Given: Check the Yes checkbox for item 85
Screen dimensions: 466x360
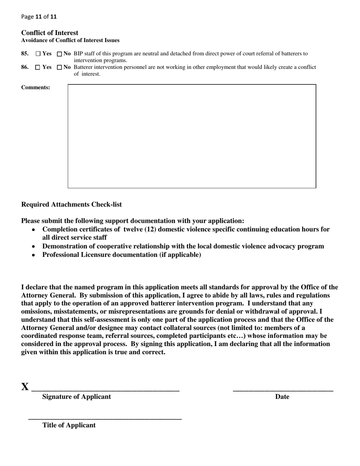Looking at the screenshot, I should click(x=38, y=54).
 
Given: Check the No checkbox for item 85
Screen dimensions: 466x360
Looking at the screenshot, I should click(x=59, y=54).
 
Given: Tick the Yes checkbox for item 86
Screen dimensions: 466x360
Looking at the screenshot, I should click(x=38, y=67).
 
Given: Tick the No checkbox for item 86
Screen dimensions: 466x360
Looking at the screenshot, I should click(x=59, y=67).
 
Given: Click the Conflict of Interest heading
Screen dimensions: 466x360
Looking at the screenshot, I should click(x=50, y=33).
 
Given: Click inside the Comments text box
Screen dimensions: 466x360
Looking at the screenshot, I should click(x=192, y=136).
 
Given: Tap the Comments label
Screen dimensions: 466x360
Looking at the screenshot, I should click(x=36, y=88).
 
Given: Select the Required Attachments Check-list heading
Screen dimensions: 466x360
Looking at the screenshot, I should click(x=72, y=205).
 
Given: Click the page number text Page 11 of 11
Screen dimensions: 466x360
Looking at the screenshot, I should click(x=39, y=17).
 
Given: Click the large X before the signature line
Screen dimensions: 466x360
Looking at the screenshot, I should click(x=25, y=387).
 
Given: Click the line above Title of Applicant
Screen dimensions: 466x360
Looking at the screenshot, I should click(x=105, y=419).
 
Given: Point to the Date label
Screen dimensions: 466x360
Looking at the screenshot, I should click(x=282, y=397).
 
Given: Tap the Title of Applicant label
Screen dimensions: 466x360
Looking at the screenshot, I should click(x=69, y=425).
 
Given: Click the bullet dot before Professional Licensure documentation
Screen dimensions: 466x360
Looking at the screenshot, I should click(x=34, y=255).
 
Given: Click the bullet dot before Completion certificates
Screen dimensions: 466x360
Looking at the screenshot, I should click(x=34, y=230).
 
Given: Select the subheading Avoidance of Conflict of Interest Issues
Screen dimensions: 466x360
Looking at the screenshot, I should click(x=70, y=41).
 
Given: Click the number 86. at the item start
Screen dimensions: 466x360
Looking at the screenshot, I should click(x=25, y=67).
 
